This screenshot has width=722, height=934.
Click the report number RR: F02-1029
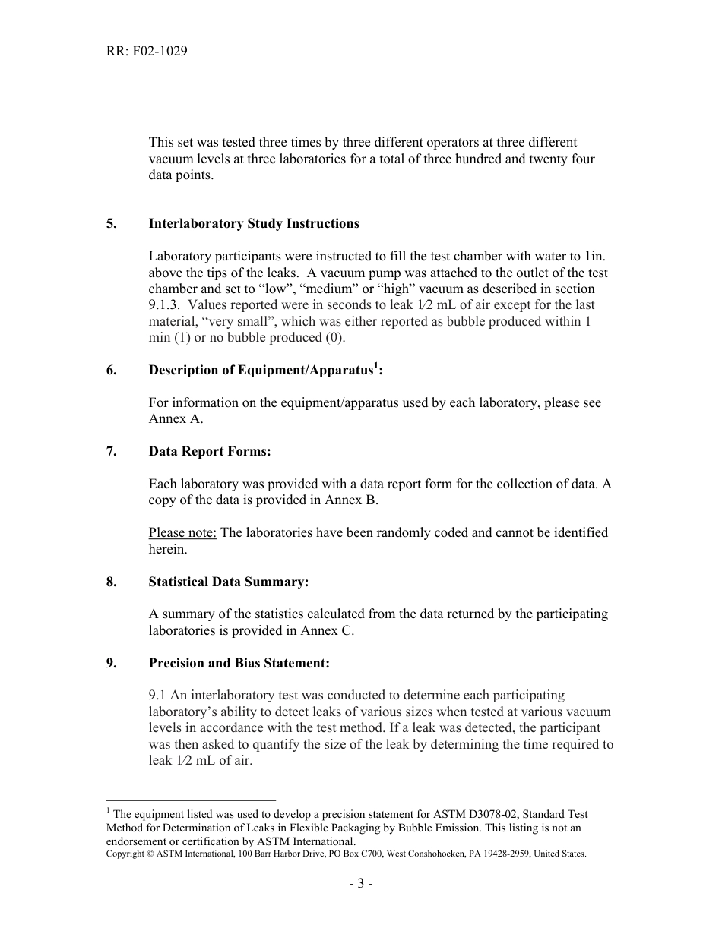coord(147,52)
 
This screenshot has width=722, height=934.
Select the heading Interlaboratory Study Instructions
coord(254,223)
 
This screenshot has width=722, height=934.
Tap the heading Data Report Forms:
coord(210,451)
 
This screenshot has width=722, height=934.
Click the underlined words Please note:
coord(182,532)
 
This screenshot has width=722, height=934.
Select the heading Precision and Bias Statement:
coord(239,663)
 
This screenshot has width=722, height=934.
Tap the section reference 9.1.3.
coord(164,305)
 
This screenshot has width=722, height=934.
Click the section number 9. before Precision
coord(111,663)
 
